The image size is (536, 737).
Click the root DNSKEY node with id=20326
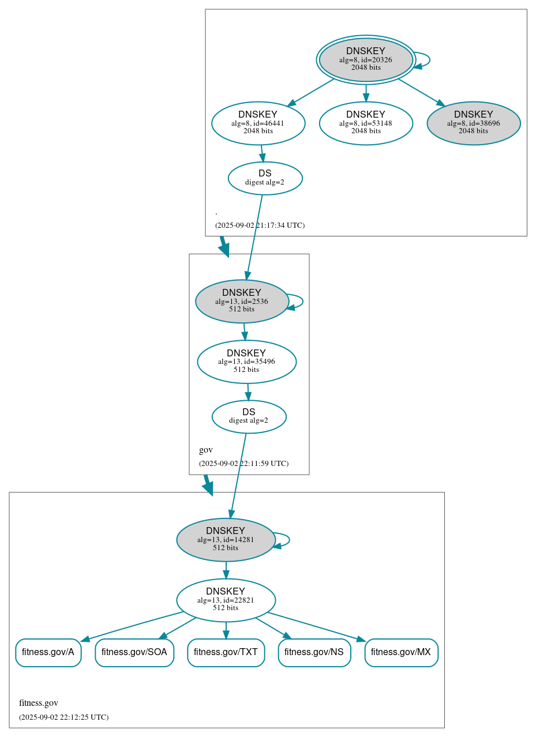point(366,59)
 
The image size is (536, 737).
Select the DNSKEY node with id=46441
point(258,123)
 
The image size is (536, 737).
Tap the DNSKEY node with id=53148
point(366,123)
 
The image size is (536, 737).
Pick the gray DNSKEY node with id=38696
point(473,123)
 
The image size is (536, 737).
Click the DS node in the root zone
point(265,178)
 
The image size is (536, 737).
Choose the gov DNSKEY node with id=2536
point(242,301)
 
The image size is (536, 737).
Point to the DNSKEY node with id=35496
point(246,362)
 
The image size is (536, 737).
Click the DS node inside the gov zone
point(249,416)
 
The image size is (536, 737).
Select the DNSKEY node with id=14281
point(226,540)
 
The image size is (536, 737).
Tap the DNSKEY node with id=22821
point(226,600)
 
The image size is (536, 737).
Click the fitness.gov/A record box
point(48,652)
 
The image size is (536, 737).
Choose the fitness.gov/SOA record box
point(134,652)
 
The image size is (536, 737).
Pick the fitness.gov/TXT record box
point(226,652)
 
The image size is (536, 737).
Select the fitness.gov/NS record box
point(314,652)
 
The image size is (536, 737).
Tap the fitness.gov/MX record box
point(401,652)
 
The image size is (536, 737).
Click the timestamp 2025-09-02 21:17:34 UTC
point(260,225)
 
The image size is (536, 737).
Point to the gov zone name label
point(206,450)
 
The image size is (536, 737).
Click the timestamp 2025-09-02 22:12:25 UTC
point(63,717)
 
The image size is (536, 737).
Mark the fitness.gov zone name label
point(39,703)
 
